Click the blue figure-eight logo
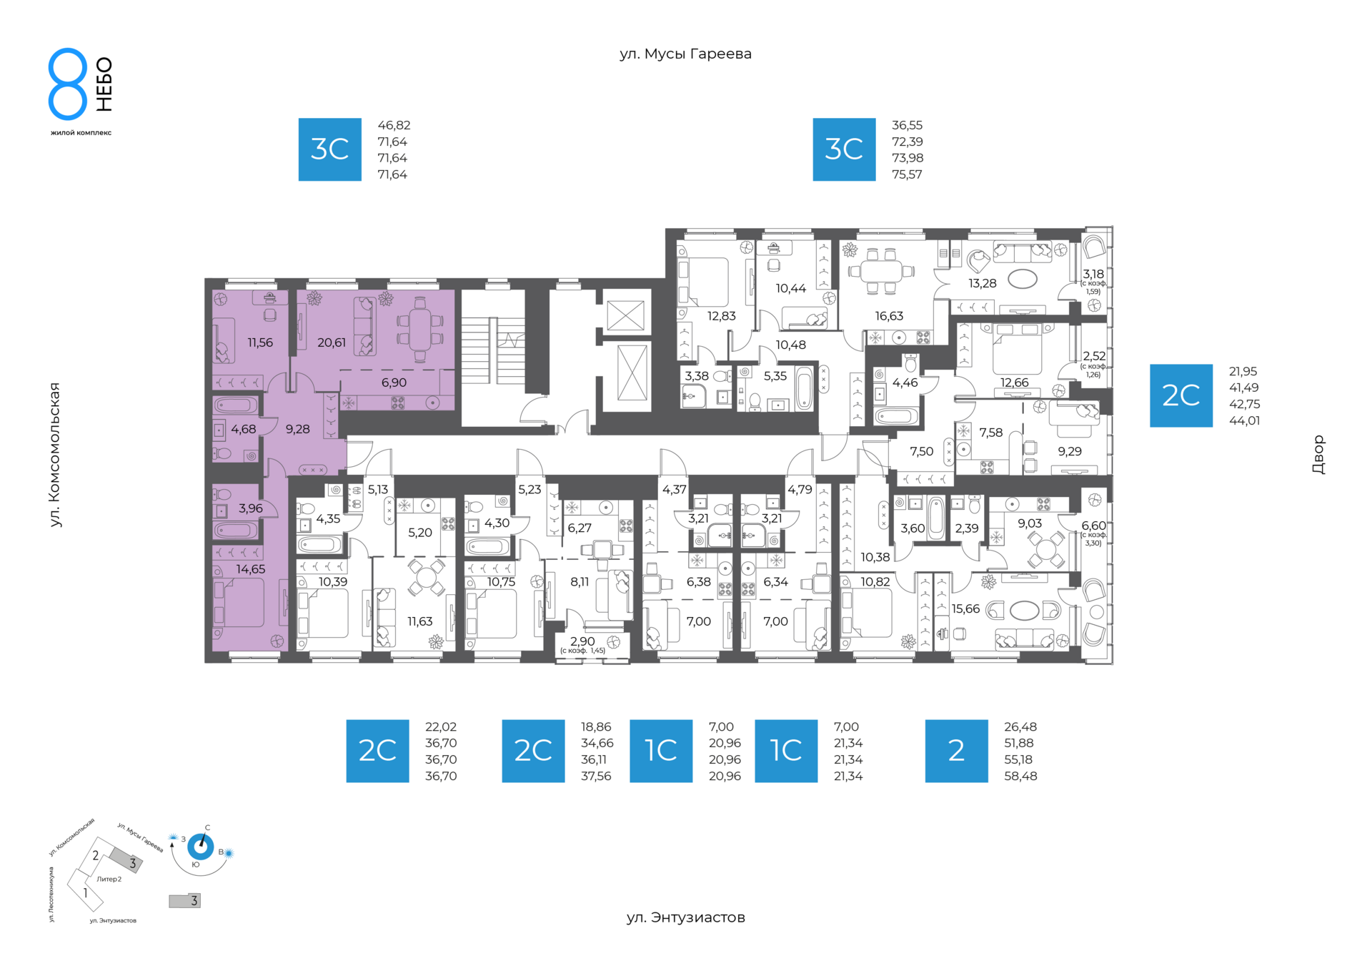click(x=68, y=84)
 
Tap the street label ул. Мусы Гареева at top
click(x=685, y=54)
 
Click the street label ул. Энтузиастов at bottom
click(x=685, y=917)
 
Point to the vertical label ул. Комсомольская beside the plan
click(x=55, y=455)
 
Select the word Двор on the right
click(x=1318, y=455)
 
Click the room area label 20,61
click(x=332, y=342)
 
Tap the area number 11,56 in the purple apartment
click(x=260, y=342)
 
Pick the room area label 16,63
click(x=889, y=316)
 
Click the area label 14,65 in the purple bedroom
click(x=250, y=569)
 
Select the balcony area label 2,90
click(x=582, y=641)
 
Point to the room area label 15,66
click(x=965, y=608)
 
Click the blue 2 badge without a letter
click(x=956, y=751)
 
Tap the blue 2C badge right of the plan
click(x=1180, y=395)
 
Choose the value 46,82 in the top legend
click(x=394, y=125)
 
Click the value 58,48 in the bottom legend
click(x=1020, y=776)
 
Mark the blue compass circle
click(x=200, y=847)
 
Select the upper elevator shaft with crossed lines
click(x=626, y=315)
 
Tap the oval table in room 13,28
click(x=1023, y=279)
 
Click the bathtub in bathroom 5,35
click(x=804, y=388)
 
